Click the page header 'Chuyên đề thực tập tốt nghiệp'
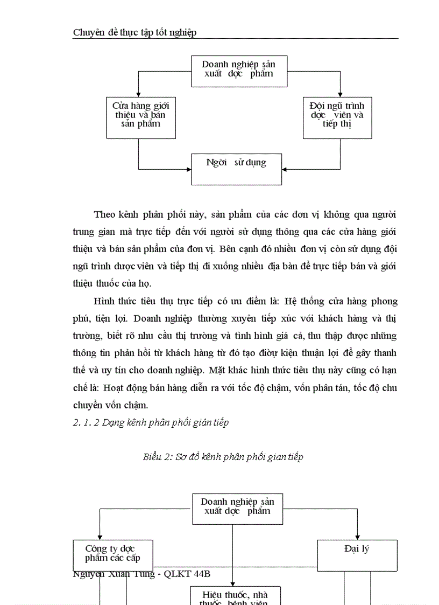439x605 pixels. [x=134, y=32]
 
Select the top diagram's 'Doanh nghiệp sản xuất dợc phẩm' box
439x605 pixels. [x=239, y=71]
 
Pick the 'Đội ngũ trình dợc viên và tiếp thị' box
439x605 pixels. [x=337, y=117]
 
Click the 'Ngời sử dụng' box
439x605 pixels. [x=236, y=169]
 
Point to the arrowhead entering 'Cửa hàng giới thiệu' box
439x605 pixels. [x=139, y=94]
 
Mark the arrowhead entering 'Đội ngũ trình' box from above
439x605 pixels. [x=340, y=94]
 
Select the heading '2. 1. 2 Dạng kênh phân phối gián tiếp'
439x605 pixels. [x=151, y=422]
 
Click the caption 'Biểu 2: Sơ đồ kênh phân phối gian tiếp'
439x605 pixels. [x=223, y=457]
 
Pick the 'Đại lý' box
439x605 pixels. [x=357, y=555]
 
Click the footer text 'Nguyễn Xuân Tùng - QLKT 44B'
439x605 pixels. [x=141, y=574]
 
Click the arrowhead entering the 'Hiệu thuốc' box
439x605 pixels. [x=233, y=583]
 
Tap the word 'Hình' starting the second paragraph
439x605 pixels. [x=105, y=301]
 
